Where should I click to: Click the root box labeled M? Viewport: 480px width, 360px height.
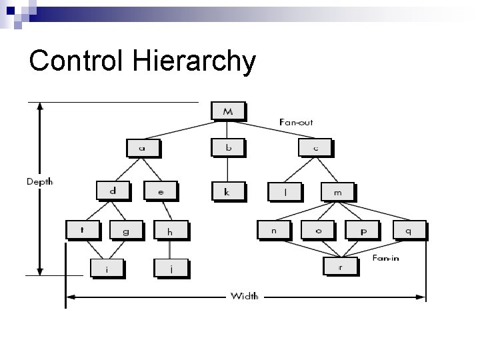click(x=228, y=111)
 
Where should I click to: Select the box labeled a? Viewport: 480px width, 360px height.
click(x=143, y=147)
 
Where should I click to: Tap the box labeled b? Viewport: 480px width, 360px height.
click(x=228, y=147)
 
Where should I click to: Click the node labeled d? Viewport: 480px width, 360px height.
click(x=113, y=191)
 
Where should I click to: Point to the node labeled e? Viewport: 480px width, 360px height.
click(x=161, y=191)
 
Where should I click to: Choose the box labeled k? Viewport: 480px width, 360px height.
click(x=227, y=191)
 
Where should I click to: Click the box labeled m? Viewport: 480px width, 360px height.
click(x=337, y=191)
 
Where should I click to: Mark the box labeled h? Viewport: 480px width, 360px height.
click(x=170, y=231)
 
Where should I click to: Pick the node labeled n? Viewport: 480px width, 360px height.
click(x=274, y=230)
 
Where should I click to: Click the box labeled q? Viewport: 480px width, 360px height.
click(x=408, y=230)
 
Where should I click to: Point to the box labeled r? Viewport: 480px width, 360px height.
click(x=340, y=266)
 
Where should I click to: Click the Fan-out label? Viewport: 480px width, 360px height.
click(x=296, y=122)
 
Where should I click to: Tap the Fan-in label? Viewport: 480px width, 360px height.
click(x=386, y=257)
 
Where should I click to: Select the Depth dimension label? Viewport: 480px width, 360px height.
click(x=40, y=181)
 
